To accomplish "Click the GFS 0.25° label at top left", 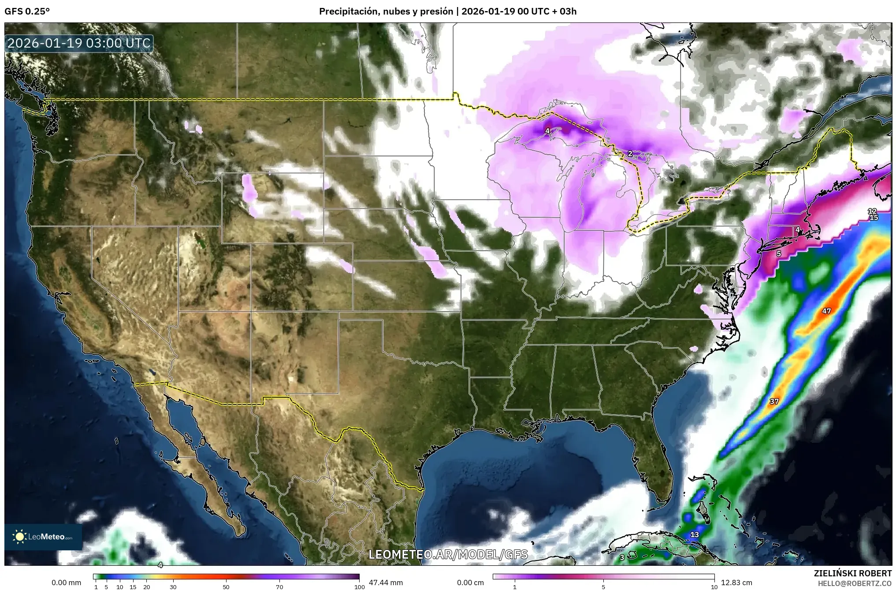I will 27,11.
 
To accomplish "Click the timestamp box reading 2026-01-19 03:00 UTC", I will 79,43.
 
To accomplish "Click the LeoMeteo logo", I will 43,537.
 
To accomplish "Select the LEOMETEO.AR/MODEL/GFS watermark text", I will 448,554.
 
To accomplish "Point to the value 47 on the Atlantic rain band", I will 826,311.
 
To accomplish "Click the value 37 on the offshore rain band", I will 774,401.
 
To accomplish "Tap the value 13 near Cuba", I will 695,534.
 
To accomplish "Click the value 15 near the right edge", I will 874,218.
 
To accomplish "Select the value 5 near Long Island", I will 779,254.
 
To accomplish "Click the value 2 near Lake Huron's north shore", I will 630,153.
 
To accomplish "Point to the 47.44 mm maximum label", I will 386,583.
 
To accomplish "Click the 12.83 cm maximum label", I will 736,583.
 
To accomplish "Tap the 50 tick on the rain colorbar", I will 226,587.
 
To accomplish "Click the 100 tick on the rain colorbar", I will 359,587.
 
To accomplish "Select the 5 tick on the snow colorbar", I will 603,587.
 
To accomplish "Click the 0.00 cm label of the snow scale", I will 470,583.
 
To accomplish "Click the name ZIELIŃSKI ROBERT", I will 852,573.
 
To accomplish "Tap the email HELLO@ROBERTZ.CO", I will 855,583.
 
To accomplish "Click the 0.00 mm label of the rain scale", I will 66,583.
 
